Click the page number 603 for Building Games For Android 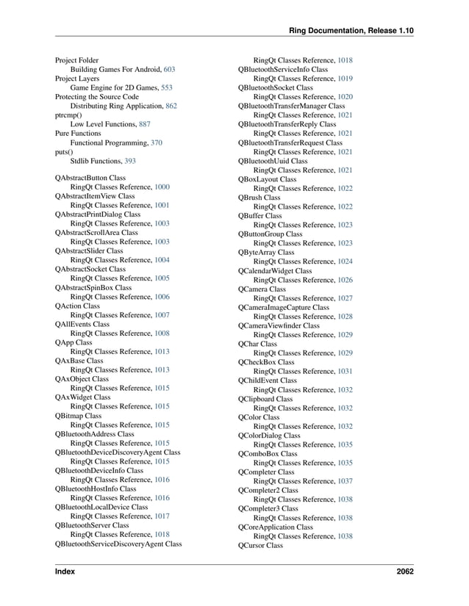169,69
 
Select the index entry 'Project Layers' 77,78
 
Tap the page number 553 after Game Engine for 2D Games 166,87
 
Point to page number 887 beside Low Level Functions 145,124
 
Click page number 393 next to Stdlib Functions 129,160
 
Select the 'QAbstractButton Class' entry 90,178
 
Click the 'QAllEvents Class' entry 82,324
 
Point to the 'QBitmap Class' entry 78,416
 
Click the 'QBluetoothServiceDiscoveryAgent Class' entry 118,544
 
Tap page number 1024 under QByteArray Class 345,261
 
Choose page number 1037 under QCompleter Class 345,481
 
